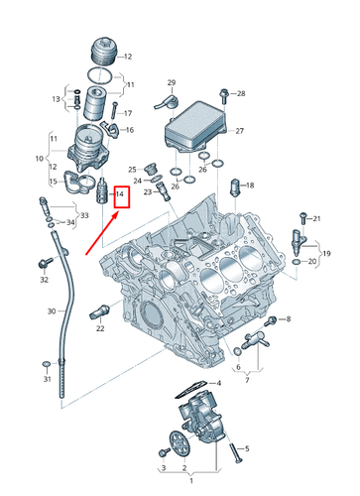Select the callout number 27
[239, 129]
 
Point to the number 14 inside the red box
[119, 194]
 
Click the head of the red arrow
[117, 208]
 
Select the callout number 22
[100, 328]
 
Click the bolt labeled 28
[225, 94]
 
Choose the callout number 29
[171, 81]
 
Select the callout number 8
[288, 318]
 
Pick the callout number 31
[45, 380]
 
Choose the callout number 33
[83, 215]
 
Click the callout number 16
[130, 130]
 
